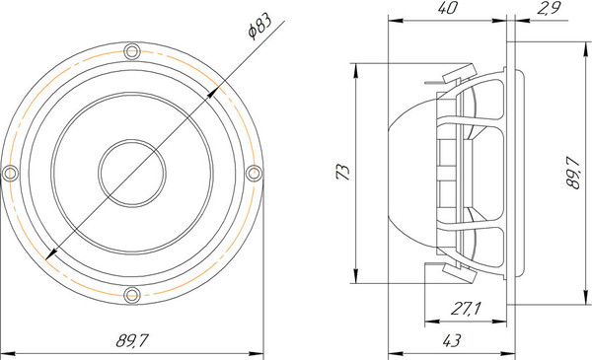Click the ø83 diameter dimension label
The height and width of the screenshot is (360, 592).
(259, 27)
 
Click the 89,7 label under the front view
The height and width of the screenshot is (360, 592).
(131, 340)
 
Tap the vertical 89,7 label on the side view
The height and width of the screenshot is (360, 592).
(573, 173)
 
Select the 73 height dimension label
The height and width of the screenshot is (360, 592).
(342, 172)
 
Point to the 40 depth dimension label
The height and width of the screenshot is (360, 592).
(447, 8)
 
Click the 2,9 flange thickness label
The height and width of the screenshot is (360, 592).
(549, 8)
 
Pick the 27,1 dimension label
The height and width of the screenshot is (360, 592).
(466, 309)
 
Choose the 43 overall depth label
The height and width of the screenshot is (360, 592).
(451, 340)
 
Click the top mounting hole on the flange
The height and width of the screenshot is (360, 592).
(132, 51)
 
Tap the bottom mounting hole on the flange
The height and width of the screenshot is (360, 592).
(132, 294)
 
